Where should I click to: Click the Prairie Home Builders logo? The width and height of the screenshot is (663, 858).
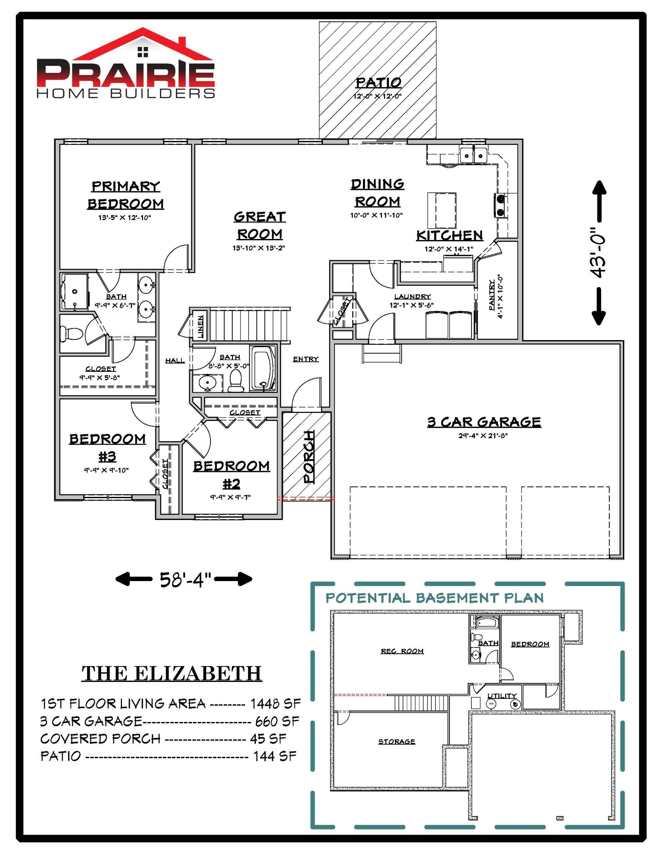coord(126,63)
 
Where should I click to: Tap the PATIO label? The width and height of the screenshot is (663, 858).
coord(378,83)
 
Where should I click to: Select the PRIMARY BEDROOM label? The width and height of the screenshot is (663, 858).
coord(126,195)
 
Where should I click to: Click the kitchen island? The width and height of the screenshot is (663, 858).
coord(442,210)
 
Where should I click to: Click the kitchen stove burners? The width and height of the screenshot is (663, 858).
coord(500,205)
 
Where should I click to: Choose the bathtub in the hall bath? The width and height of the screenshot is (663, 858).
coord(262,368)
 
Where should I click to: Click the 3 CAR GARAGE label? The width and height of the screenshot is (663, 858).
coord(484,422)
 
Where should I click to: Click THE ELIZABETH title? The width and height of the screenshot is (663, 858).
coord(172,674)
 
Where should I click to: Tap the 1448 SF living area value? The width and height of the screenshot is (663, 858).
coord(276,703)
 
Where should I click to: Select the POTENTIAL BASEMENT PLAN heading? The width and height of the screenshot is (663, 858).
coord(435,598)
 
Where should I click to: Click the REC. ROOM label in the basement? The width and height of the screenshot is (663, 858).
coord(402,652)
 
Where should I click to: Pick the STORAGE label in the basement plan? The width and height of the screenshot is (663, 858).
coord(396,742)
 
